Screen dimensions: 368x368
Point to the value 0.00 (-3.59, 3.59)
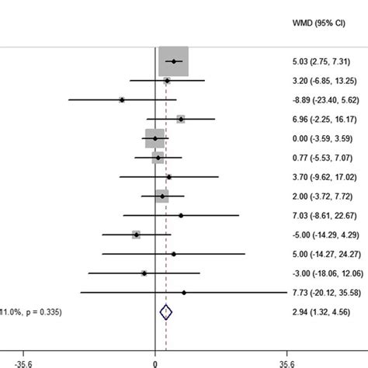click(x=319, y=138)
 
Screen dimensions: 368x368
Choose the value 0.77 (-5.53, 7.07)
click(x=319, y=158)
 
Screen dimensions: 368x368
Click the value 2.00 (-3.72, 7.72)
click(x=319, y=196)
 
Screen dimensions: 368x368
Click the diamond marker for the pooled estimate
click(x=165, y=312)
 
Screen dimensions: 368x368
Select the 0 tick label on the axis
click(x=155, y=361)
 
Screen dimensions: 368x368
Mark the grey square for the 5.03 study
click(x=174, y=61)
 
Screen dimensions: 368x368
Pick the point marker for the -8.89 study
click(x=122, y=99)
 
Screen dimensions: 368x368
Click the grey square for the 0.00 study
click(x=155, y=138)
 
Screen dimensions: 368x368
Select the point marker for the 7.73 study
click(x=184, y=293)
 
